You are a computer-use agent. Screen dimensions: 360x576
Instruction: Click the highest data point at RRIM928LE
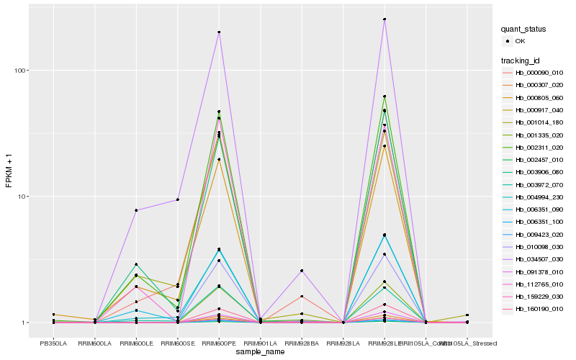(x=384, y=19)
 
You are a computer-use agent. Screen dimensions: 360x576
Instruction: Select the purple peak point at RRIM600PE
(x=219, y=32)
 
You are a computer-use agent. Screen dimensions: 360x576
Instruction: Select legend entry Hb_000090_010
(x=539, y=73)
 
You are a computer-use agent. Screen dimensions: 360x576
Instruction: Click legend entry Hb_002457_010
(x=539, y=158)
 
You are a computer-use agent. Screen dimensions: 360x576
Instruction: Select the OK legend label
(x=521, y=42)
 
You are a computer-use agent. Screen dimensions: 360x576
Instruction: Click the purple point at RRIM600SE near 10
(x=177, y=199)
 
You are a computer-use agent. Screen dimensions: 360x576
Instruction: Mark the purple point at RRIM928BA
(x=302, y=271)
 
